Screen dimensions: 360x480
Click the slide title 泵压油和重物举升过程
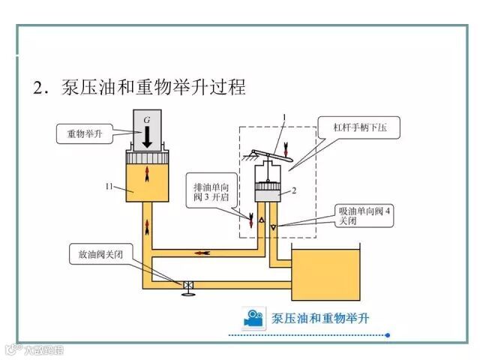139,87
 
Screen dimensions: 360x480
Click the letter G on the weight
147,120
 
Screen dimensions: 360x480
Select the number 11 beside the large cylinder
109,184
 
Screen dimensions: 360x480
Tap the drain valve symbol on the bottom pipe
188,286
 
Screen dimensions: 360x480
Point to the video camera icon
253,318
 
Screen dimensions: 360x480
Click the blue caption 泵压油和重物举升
320,318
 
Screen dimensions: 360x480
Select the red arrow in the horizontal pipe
202,252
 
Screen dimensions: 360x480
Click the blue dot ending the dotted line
387,335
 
